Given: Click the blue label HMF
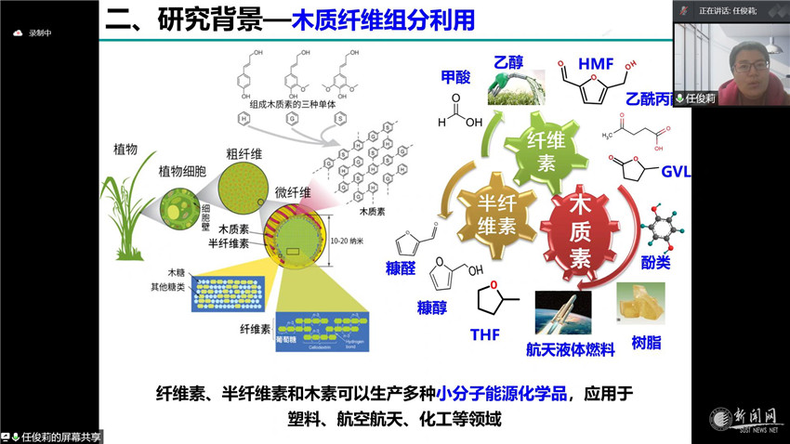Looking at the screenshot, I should [x=596, y=64].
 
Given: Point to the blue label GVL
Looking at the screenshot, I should [x=676, y=173].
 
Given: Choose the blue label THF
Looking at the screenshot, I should [x=485, y=335].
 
